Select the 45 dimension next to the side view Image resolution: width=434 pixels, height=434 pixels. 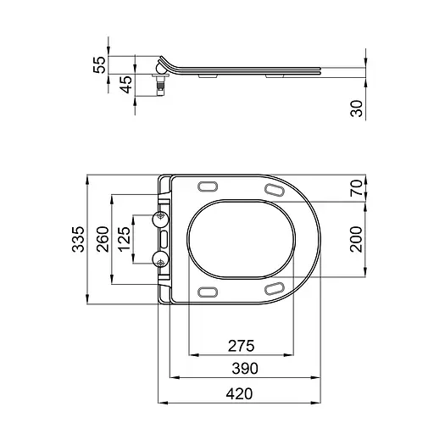point(126,85)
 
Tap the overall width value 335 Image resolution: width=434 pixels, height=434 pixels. point(79,240)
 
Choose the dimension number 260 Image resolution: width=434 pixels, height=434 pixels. point(101,241)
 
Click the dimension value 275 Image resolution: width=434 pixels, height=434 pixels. point(242,346)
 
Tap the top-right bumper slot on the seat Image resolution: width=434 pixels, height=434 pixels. point(275,191)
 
